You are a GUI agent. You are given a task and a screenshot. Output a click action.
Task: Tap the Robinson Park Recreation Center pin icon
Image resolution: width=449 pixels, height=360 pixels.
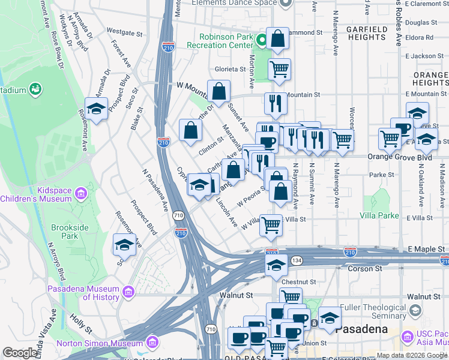pyautogui.click(x=261, y=41)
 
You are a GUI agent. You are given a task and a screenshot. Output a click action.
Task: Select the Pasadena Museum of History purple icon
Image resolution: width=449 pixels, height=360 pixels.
pyautogui.click(x=127, y=292)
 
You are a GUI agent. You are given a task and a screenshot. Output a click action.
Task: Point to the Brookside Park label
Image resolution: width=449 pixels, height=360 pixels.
pyautogui.click(x=70, y=232)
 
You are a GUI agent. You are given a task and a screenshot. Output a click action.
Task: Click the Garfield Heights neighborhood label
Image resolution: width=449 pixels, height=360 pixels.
pyautogui.click(x=366, y=33)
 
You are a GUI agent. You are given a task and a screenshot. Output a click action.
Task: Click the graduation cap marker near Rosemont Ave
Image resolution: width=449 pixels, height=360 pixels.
pyautogui.click(x=96, y=109)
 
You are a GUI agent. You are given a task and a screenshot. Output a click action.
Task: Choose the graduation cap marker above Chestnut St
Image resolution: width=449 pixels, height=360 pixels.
pyautogui.click(x=276, y=265)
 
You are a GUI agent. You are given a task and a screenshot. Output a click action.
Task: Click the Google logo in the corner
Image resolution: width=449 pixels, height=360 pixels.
pyautogui.click(x=20, y=353)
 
